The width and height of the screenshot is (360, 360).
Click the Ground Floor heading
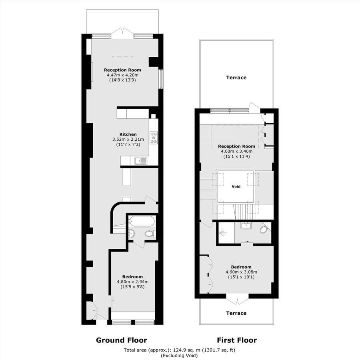point(121,340)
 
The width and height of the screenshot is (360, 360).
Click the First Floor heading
point(237,340)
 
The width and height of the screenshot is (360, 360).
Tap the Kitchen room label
point(128,134)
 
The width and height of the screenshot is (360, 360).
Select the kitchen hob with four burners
point(154,138)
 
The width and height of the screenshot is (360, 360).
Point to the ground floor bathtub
point(141,221)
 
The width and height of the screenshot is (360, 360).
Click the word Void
point(236,186)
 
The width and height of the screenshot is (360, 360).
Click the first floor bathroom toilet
point(264,230)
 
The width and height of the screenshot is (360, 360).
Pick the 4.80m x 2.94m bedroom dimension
point(132,282)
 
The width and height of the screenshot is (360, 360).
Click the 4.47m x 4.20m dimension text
point(122,75)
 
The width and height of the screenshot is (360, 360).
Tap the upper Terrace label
point(236,78)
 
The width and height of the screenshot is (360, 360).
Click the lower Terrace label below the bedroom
point(236,313)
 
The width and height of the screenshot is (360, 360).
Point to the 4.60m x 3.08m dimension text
point(241,272)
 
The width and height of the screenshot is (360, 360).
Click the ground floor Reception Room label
point(122,70)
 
